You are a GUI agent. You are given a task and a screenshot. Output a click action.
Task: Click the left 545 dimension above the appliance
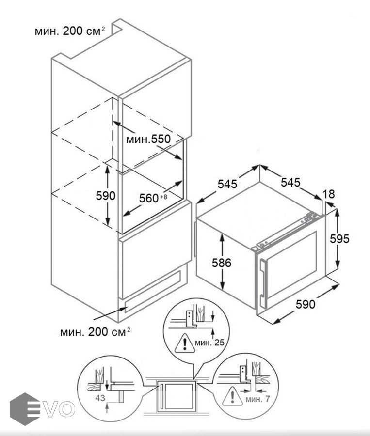227,184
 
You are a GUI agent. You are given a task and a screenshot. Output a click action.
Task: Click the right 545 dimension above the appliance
290,182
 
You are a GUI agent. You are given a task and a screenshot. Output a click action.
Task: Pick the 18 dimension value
329,194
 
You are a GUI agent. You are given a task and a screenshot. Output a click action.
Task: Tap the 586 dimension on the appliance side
222,262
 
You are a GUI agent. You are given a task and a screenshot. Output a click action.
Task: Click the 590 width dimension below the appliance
306,304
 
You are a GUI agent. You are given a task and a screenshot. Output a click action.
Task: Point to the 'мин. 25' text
209,343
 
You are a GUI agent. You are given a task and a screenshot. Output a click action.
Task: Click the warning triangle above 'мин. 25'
184,343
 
